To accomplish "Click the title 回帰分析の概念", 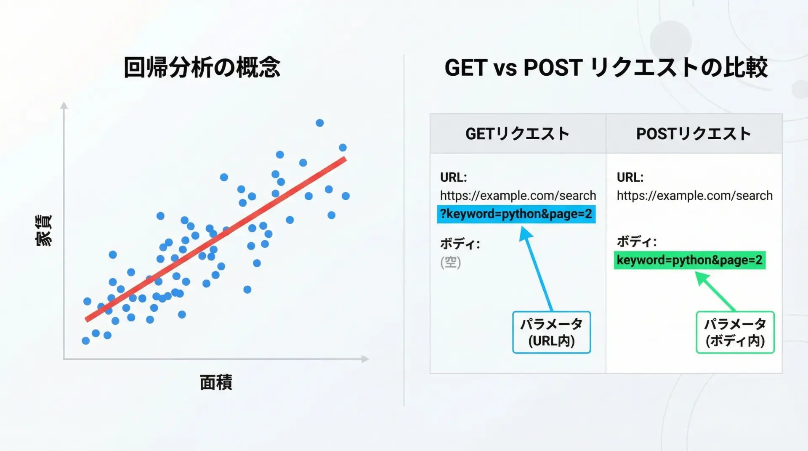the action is [202, 67].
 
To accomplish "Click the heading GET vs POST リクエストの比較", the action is [606, 67].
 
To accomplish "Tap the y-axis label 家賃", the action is [43, 230].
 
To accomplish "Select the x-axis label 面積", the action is [216, 382].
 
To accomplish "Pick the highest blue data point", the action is [320, 123].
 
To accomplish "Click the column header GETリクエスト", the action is [517, 134].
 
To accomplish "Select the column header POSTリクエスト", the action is [694, 134].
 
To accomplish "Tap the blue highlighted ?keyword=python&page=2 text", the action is [516, 214].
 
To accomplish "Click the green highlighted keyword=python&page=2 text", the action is [690, 260].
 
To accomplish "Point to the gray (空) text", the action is [451, 262].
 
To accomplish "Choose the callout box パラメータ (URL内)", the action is [551, 332].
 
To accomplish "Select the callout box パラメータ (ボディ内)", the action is [735, 332].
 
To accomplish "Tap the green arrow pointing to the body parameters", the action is [715, 292].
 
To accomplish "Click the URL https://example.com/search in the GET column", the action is [518, 196].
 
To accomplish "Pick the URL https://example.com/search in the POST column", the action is [695, 196].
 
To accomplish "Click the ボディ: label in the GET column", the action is [460, 244].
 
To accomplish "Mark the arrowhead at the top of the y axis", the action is [64, 105].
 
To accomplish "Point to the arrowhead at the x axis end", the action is [365, 359].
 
